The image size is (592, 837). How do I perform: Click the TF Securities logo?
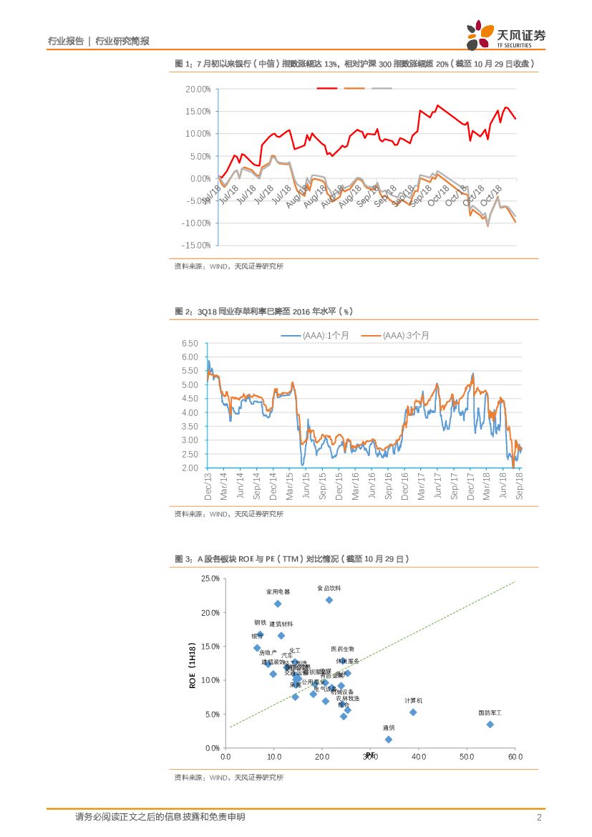coord(505,35)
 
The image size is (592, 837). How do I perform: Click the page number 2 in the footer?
coord(538,818)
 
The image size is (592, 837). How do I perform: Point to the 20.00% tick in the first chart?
coord(198,89)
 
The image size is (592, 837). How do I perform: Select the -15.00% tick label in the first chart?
coord(197,246)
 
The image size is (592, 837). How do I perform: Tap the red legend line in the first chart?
coord(327,88)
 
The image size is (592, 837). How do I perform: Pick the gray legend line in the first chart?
coord(382,88)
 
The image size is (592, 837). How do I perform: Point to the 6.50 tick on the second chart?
coord(190,344)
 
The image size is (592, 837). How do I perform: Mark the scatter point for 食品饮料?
coord(329,600)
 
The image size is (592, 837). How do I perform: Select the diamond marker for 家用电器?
coord(278,604)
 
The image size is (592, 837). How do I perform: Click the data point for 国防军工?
coord(490,725)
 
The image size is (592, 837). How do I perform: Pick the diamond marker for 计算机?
coord(413,712)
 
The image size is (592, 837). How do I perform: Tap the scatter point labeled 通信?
coord(389,740)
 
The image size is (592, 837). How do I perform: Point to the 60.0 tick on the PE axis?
coord(515,756)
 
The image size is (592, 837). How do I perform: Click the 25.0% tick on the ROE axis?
coord(210,579)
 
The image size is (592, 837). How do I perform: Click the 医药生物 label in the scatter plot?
coord(342,649)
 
